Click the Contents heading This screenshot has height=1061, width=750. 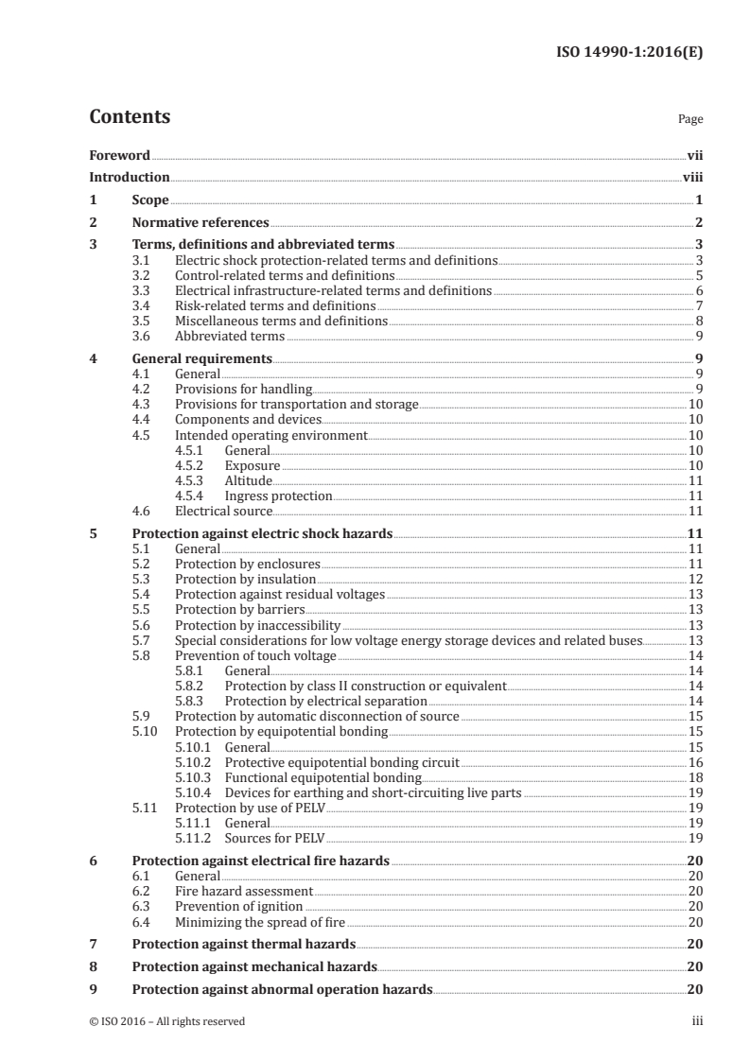[130, 117]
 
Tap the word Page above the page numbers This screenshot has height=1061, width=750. [690, 120]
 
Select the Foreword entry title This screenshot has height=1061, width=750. [119, 155]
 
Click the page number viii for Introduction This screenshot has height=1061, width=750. [692, 177]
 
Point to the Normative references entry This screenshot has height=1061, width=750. [201, 223]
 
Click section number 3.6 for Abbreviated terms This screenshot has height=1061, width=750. [141, 336]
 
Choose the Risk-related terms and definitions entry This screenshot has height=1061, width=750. [275, 305]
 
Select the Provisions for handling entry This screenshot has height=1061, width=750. [243, 389]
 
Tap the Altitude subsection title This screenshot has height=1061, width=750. [248, 480]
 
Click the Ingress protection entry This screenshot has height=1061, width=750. [278, 496]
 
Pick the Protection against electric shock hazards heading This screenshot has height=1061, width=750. [262, 533]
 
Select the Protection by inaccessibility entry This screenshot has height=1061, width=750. [257, 625]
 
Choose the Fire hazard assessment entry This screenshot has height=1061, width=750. [244, 892]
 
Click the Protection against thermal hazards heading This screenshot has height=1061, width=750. [244, 944]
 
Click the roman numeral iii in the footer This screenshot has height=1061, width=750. [697, 1021]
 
